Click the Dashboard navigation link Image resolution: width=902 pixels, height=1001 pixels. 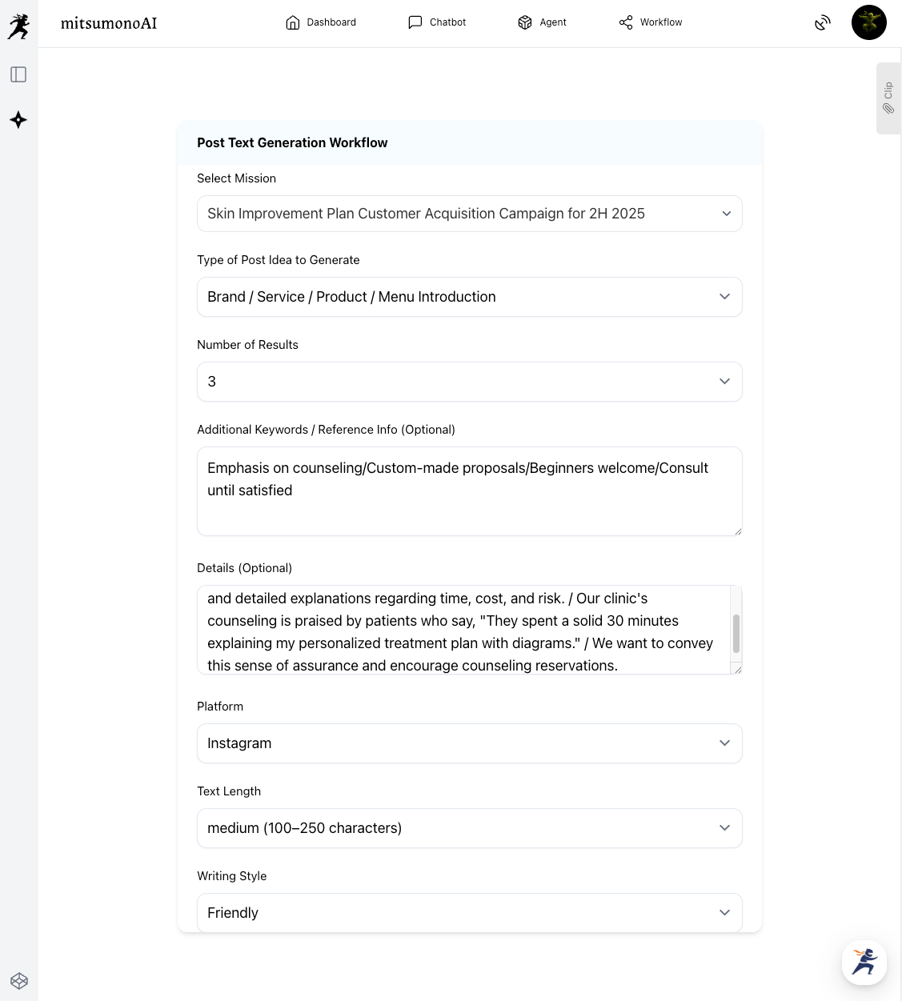click(321, 22)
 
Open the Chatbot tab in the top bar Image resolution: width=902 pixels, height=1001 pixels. click(437, 22)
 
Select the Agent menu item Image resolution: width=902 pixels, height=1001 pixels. click(543, 22)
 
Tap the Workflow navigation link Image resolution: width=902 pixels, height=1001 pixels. click(651, 22)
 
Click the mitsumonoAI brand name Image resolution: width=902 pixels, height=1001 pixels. click(109, 23)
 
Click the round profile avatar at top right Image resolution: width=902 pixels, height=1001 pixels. click(868, 22)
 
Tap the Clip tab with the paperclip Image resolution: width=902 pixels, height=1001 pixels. click(888, 98)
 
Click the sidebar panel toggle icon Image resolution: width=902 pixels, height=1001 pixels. click(18, 74)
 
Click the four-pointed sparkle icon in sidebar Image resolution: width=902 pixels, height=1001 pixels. click(18, 120)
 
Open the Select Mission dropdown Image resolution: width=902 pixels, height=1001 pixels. click(469, 214)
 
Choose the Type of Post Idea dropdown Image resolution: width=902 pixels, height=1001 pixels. click(469, 297)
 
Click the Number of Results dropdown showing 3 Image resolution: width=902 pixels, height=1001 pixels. click(469, 382)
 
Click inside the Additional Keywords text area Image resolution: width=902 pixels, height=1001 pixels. click(469, 490)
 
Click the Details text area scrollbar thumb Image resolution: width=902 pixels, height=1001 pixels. click(736, 634)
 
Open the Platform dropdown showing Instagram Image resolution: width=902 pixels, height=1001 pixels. click(469, 743)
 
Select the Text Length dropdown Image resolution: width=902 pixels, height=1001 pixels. click(469, 828)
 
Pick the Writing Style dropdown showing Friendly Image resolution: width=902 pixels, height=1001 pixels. click(469, 913)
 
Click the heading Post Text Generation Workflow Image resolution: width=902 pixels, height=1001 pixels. click(292, 142)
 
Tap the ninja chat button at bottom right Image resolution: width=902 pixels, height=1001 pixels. click(864, 962)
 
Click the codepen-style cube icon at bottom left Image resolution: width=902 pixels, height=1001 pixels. click(19, 981)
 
